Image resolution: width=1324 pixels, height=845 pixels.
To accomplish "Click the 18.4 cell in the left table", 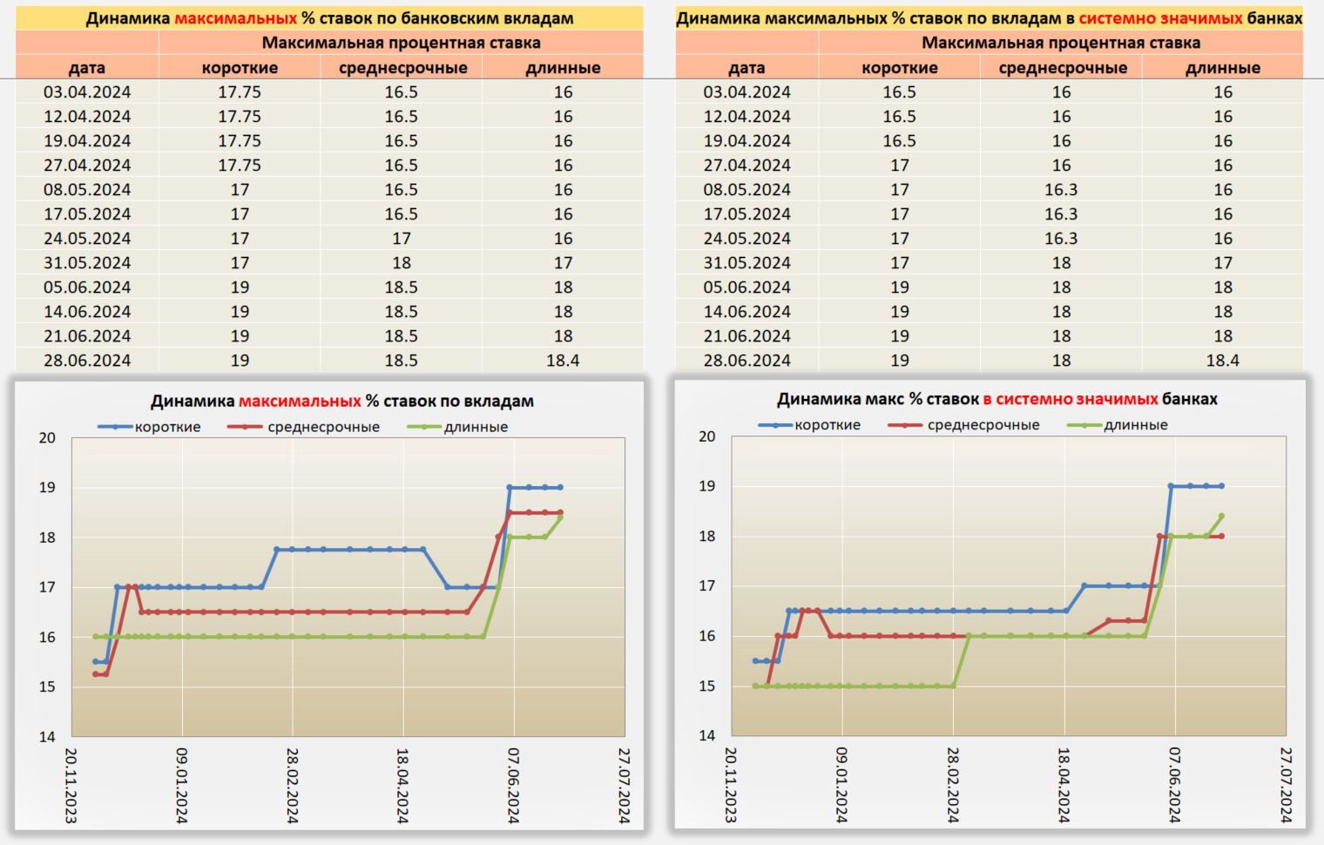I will (x=563, y=360).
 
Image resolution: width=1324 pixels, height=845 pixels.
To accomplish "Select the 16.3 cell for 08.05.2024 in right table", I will (x=1061, y=189).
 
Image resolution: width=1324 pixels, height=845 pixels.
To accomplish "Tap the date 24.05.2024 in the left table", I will (x=87, y=238).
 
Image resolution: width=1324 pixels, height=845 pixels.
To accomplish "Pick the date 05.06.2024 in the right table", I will (x=747, y=287).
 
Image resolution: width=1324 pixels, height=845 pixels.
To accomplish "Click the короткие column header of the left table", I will (x=240, y=68).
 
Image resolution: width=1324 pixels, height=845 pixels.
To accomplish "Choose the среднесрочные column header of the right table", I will (x=1063, y=68).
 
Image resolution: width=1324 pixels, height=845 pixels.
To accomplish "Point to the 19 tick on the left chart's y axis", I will (x=47, y=487).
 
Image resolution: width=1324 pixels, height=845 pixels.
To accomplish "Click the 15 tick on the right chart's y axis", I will (x=707, y=686).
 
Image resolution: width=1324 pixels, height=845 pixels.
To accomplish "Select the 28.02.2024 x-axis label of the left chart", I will (x=293, y=785).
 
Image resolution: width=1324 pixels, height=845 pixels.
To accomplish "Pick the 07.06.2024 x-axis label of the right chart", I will (x=1174, y=784).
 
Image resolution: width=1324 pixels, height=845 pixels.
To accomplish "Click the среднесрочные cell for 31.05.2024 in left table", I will (x=402, y=262).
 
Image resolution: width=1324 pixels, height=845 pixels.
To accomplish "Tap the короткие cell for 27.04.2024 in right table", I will (x=900, y=165).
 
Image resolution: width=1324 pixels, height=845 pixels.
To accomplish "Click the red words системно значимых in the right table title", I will (x=1160, y=18).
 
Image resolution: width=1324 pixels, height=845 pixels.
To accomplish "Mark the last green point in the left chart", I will (x=560, y=517).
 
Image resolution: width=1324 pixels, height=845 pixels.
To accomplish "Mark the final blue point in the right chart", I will (x=1221, y=486).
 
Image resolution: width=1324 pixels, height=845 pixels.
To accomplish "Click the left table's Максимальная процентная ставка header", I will (x=401, y=43).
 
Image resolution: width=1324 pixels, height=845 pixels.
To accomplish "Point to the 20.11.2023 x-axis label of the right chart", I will (x=731, y=784).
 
